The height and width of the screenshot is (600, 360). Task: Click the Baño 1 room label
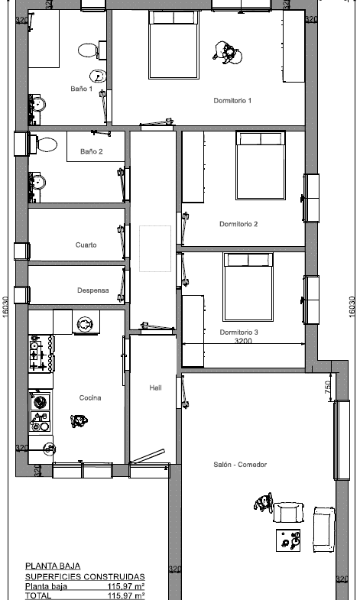coord(82,89)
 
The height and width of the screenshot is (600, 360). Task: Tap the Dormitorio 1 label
coord(232,101)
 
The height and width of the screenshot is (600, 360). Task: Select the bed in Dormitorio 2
coord(261,165)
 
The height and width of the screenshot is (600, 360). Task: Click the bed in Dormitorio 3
coord(248,287)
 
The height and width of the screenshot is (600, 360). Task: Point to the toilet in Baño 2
coord(44,144)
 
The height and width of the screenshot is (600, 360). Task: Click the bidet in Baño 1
coord(98,76)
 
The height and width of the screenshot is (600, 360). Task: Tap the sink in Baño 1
coord(37,104)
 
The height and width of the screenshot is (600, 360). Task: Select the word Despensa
coord(93,290)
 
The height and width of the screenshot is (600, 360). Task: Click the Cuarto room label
coord(86,245)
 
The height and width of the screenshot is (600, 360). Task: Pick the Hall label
coord(155,388)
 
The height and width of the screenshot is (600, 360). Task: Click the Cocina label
coord(90,398)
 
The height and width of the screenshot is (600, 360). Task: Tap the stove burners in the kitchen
coord(41,353)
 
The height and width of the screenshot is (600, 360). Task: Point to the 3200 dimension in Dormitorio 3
coord(243,341)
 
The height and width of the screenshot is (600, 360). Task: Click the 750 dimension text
coord(328,388)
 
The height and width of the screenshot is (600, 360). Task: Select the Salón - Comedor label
coord(240,465)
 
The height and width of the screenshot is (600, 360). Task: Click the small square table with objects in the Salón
coord(288,540)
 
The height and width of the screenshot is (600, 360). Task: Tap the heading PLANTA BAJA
coord(53,566)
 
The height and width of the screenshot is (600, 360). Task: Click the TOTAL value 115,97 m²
coord(126,595)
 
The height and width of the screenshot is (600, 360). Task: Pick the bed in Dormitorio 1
coord(174,45)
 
